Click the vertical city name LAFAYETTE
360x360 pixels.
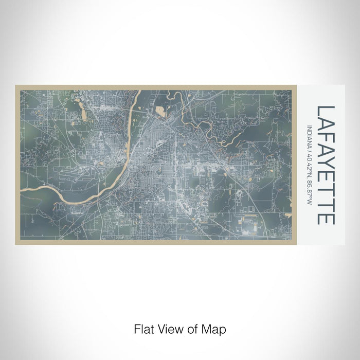tap(326, 165)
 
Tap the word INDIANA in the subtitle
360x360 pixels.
tap(309, 136)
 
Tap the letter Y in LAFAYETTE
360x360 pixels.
tap(326, 168)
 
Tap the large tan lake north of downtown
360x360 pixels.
tap(160, 111)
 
